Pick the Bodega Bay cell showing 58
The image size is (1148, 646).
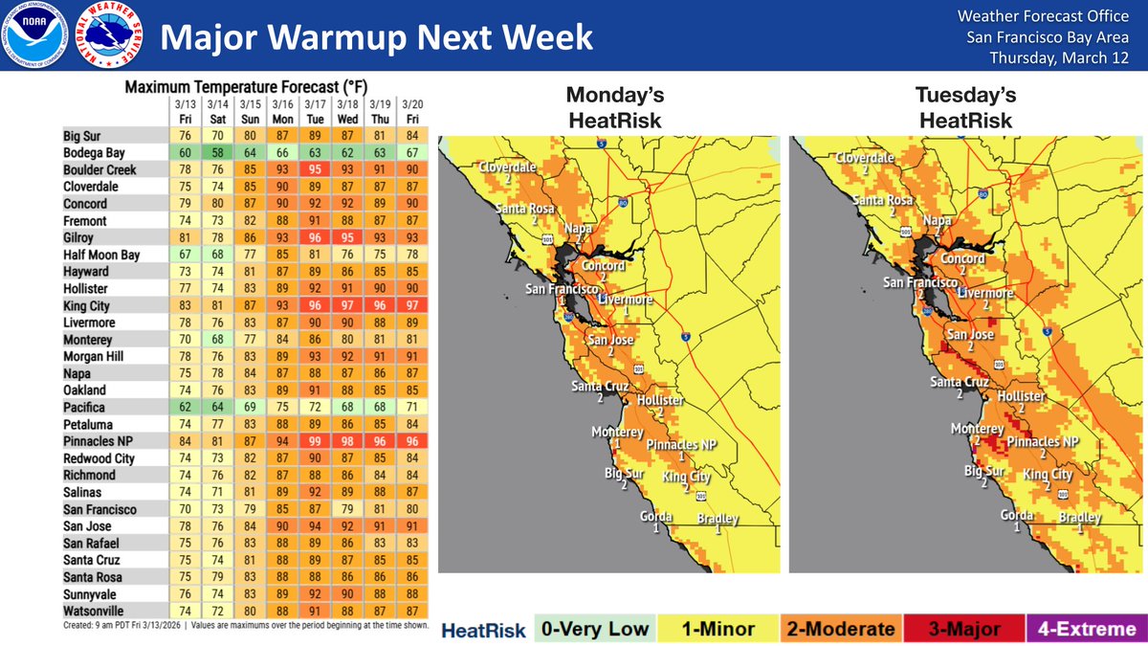coord(220,153)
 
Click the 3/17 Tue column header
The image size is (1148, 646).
coord(313,111)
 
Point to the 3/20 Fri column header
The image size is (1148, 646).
coord(412,111)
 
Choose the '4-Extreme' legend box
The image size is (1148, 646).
coord(1085,629)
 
